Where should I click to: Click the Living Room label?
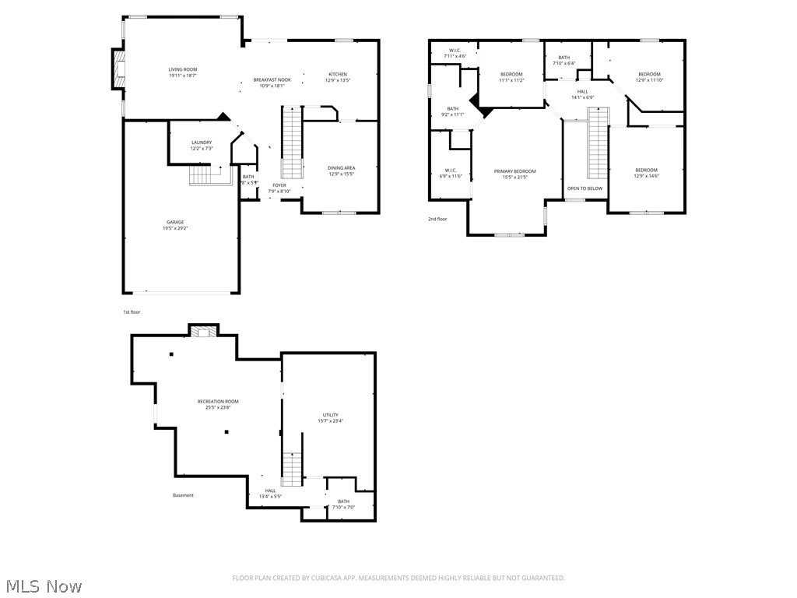click(x=183, y=69)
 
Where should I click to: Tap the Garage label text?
click(x=174, y=222)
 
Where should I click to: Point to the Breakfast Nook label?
click(x=272, y=80)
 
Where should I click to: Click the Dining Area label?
click(x=342, y=167)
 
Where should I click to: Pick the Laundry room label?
click(x=202, y=142)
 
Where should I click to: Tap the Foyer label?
click(x=279, y=185)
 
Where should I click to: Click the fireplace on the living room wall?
click(x=118, y=70)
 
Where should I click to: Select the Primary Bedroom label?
click(x=514, y=171)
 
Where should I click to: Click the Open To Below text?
click(x=585, y=188)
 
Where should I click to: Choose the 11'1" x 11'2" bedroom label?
click(x=511, y=74)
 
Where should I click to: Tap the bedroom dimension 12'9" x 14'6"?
click(x=646, y=177)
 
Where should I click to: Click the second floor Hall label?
click(x=582, y=92)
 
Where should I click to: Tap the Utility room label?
click(x=331, y=415)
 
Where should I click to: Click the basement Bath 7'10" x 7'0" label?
click(x=343, y=501)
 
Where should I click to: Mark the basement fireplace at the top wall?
click(x=205, y=331)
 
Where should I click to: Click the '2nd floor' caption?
click(x=437, y=219)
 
